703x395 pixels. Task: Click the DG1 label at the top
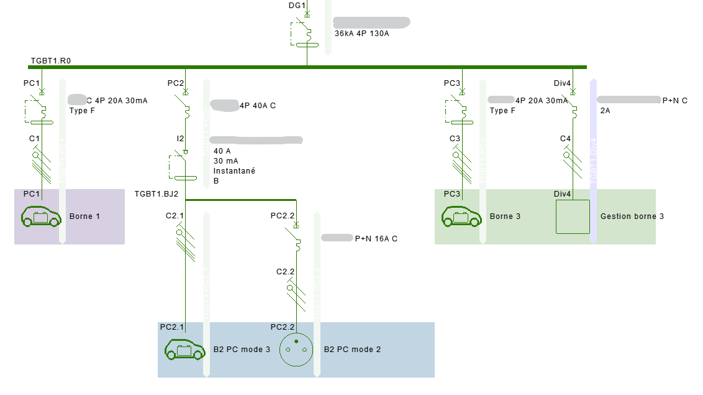click(297, 6)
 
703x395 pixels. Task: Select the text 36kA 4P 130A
click(361, 34)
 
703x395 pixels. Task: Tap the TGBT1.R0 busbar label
click(51, 61)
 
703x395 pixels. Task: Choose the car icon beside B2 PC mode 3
click(184, 350)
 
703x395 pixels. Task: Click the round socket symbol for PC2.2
click(296, 350)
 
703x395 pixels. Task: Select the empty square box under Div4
click(573, 216)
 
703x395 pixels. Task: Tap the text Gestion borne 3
click(632, 216)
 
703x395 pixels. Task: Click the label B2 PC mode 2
click(353, 350)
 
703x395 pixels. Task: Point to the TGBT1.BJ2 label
click(156, 194)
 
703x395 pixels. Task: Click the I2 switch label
click(180, 138)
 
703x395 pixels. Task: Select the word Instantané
click(234, 171)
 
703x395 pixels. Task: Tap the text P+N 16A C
click(376, 238)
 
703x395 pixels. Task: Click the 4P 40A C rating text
click(258, 106)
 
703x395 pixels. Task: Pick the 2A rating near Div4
click(605, 111)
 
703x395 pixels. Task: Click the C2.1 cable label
click(175, 216)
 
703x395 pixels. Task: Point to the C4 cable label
click(565, 138)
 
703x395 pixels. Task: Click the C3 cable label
click(455, 138)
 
